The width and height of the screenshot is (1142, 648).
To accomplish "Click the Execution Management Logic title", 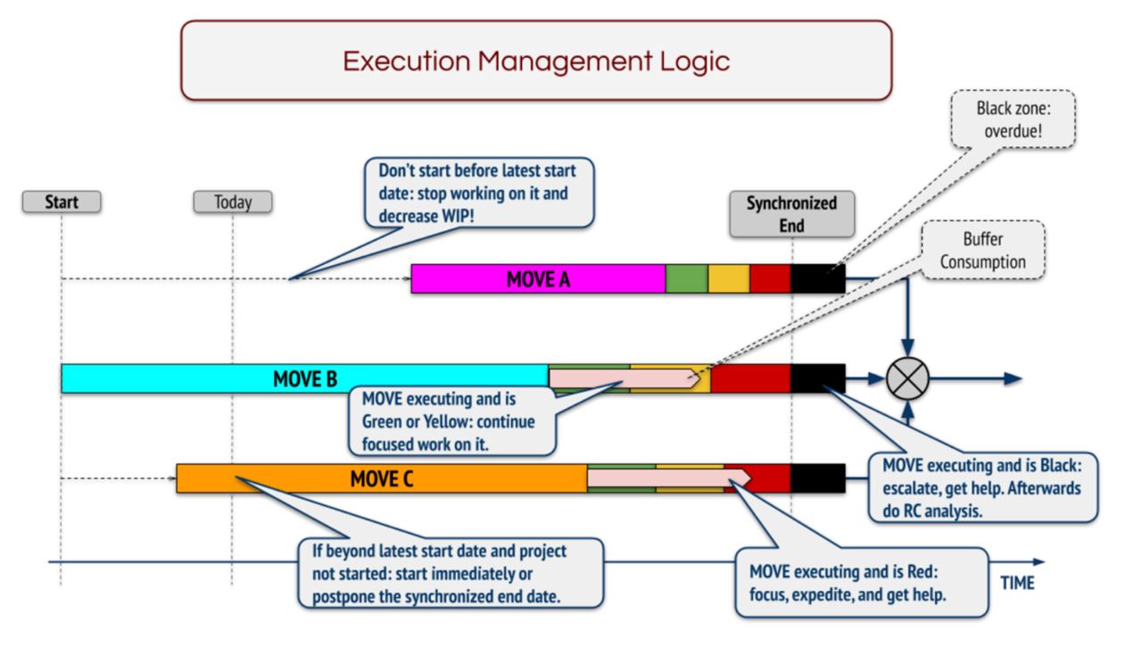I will (536, 61).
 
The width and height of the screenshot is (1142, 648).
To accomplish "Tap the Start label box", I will (62, 203).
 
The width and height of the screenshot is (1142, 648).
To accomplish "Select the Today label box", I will (233, 203).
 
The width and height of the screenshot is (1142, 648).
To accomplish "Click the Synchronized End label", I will (791, 214).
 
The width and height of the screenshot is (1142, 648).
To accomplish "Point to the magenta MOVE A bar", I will (538, 279).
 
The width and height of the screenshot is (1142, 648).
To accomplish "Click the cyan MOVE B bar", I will (303, 378).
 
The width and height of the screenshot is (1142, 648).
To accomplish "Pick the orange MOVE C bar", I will (381, 478).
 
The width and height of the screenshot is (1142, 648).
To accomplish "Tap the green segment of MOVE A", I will (687, 279).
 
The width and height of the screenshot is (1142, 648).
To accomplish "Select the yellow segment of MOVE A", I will (729, 279).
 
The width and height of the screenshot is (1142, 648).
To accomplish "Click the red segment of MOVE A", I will (770, 279).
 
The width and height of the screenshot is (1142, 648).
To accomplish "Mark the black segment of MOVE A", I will (817, 279).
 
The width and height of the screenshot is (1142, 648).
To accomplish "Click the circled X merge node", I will (907, 378).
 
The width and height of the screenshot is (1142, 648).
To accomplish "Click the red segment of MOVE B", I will (750, 378).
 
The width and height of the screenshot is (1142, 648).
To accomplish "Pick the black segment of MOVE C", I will (817, 478).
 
